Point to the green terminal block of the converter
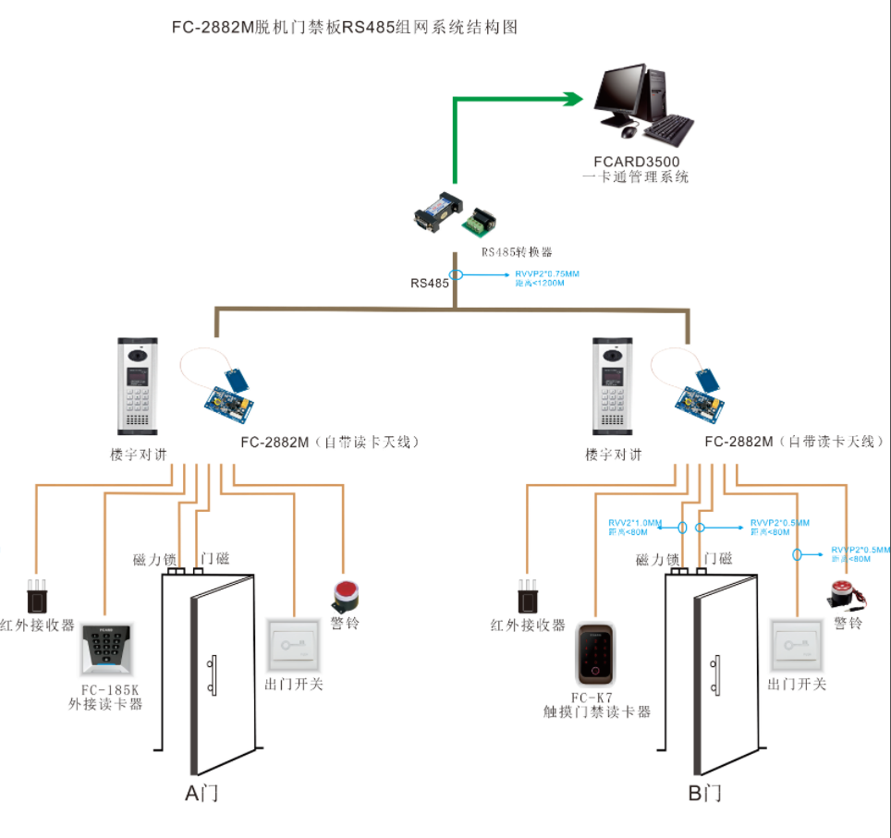(x=480, y=222)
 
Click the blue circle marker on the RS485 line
(x=456, y=274)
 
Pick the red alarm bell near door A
(x=346, y=595)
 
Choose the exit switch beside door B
(x=797, y=644)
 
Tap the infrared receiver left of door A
(x=37, y=596)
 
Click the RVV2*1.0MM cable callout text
(x=635, y=522)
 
